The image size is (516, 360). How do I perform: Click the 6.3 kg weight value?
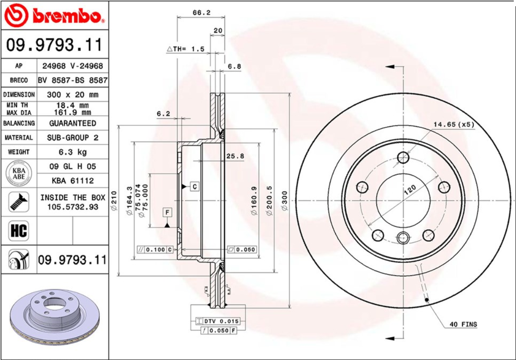72,152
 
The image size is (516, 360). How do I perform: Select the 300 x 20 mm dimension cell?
72,94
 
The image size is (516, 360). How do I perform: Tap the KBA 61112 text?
72,181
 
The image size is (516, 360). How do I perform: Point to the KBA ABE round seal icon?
18,174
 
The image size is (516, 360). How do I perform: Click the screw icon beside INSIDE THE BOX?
18,202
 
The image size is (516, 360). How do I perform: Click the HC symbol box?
18,231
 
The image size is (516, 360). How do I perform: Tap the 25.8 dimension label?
235,156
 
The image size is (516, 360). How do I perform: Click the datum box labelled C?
195,186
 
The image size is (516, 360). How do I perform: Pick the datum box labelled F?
167,212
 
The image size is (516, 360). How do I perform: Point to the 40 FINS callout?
463,324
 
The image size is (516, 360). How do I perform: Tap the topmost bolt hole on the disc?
403,157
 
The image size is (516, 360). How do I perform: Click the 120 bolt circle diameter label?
410,190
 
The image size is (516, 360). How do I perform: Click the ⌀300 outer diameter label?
284,200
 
